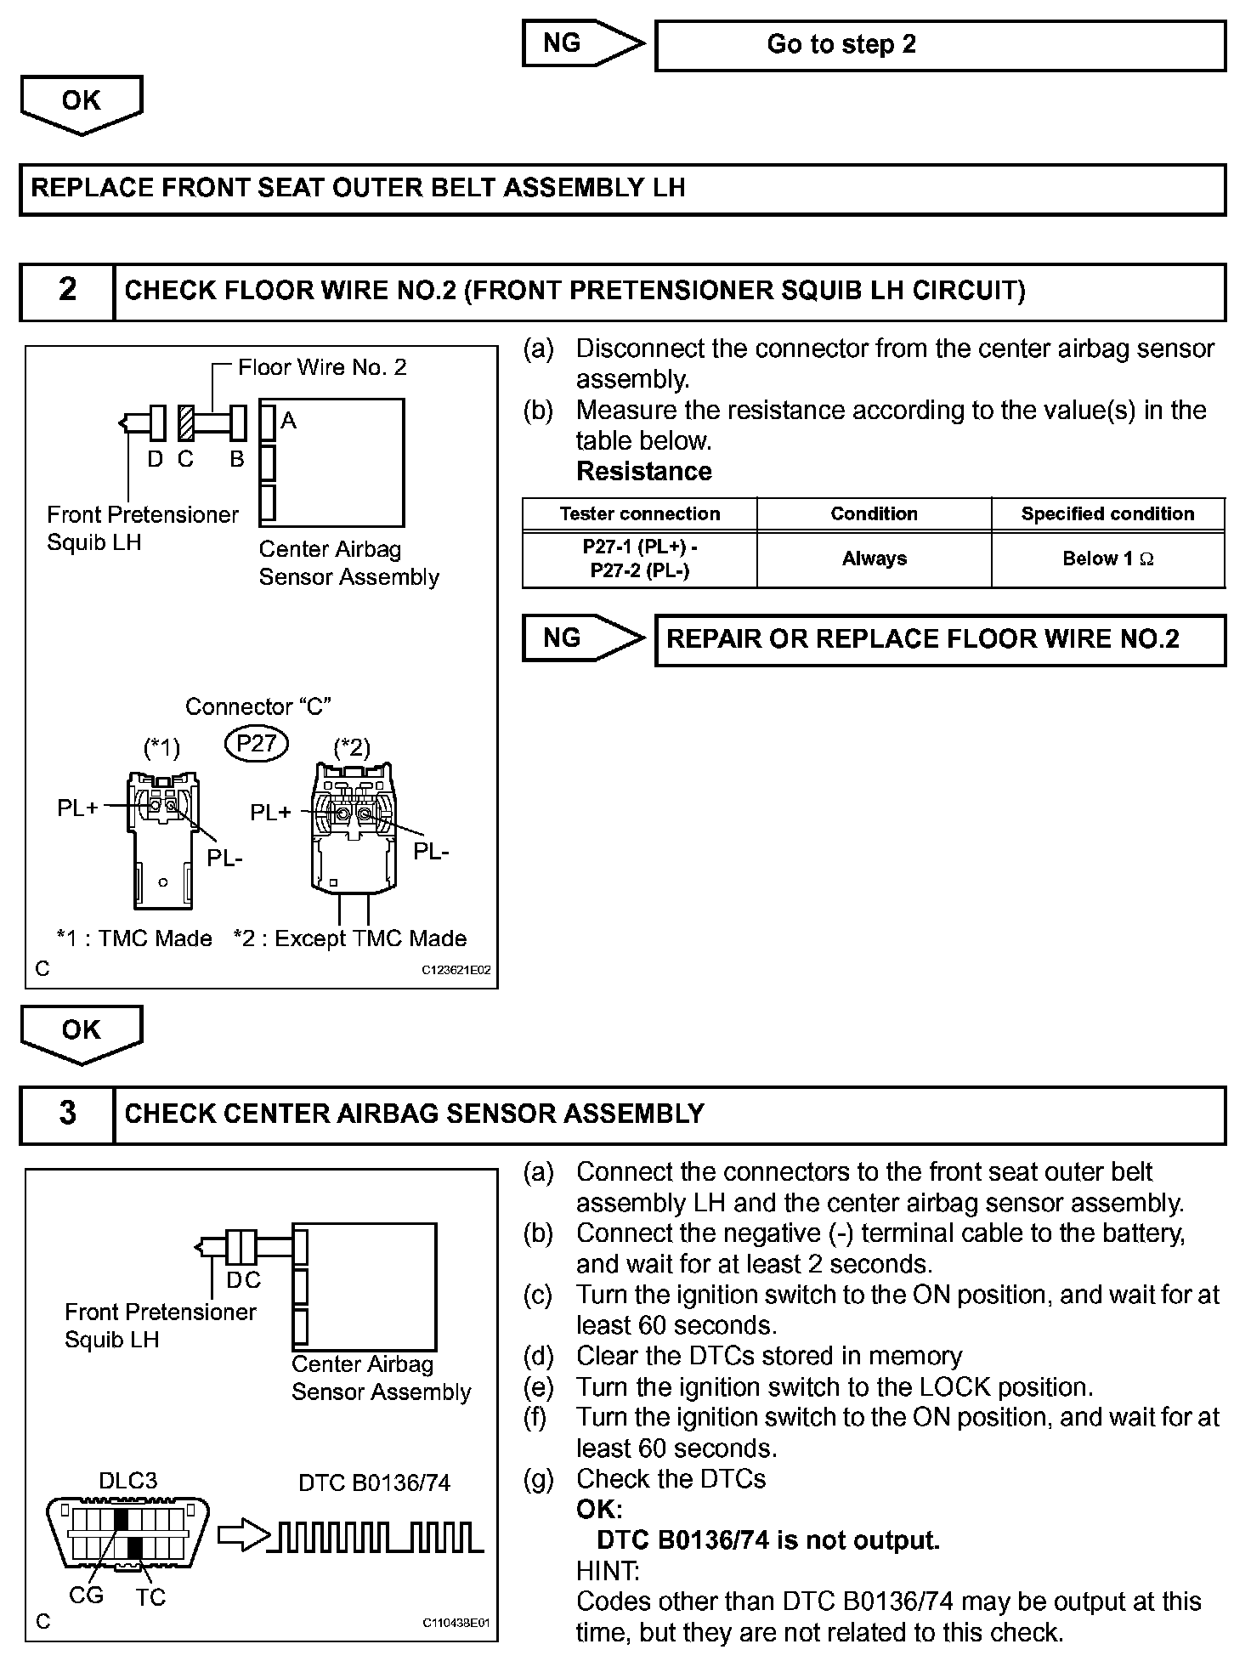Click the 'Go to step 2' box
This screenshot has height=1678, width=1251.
pos(940,45)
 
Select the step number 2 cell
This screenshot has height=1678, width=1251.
pos(67,291)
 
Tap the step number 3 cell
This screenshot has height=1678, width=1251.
pos(67,1114)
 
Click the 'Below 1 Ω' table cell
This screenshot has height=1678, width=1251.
pos(1107,559)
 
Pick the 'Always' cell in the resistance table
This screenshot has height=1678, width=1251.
pos(874,559)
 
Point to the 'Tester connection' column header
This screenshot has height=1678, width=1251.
pos(639,514)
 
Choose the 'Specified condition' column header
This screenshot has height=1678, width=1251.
pos(1107,514)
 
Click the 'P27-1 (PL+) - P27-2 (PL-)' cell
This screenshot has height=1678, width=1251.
pos(639,559)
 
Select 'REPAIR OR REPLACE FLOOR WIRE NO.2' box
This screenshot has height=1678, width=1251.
pos(940,639)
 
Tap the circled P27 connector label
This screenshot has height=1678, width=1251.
pos(257,744)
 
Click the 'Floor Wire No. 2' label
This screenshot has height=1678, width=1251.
pos(322,367)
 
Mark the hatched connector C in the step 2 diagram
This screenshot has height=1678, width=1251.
pos(186,422)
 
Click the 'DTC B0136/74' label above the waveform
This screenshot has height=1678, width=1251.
pos(374,1483)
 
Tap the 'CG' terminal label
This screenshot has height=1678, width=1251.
pos(86,1596)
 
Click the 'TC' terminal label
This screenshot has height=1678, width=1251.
pos(150,1597)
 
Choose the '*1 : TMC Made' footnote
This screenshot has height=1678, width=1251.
pos(133,938)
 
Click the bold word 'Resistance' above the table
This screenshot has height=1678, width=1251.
pos(644,472)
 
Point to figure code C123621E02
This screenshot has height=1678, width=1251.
pos(456,970)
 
